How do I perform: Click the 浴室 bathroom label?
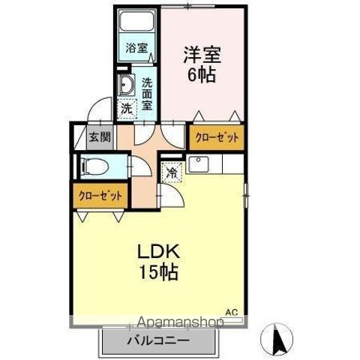136,47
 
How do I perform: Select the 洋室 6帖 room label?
201,63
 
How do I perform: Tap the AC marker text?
232,310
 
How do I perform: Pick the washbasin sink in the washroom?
126,85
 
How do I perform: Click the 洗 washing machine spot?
126,108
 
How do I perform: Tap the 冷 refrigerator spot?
172,173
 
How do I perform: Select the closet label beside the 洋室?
217,137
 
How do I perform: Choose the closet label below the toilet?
100,196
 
